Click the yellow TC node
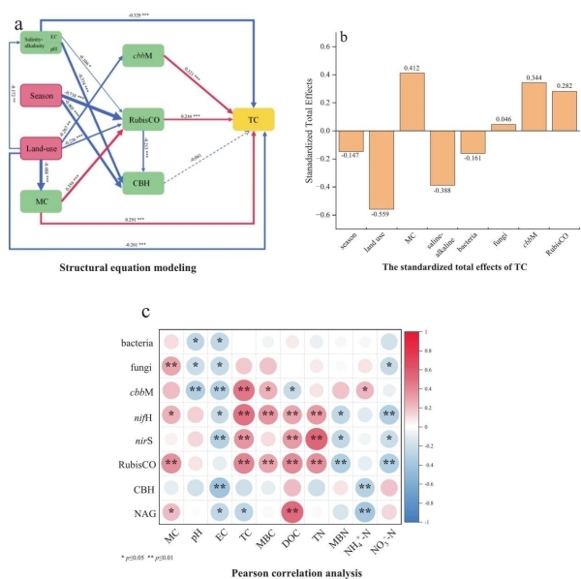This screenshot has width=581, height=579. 252,117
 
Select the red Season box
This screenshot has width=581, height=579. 41,98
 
